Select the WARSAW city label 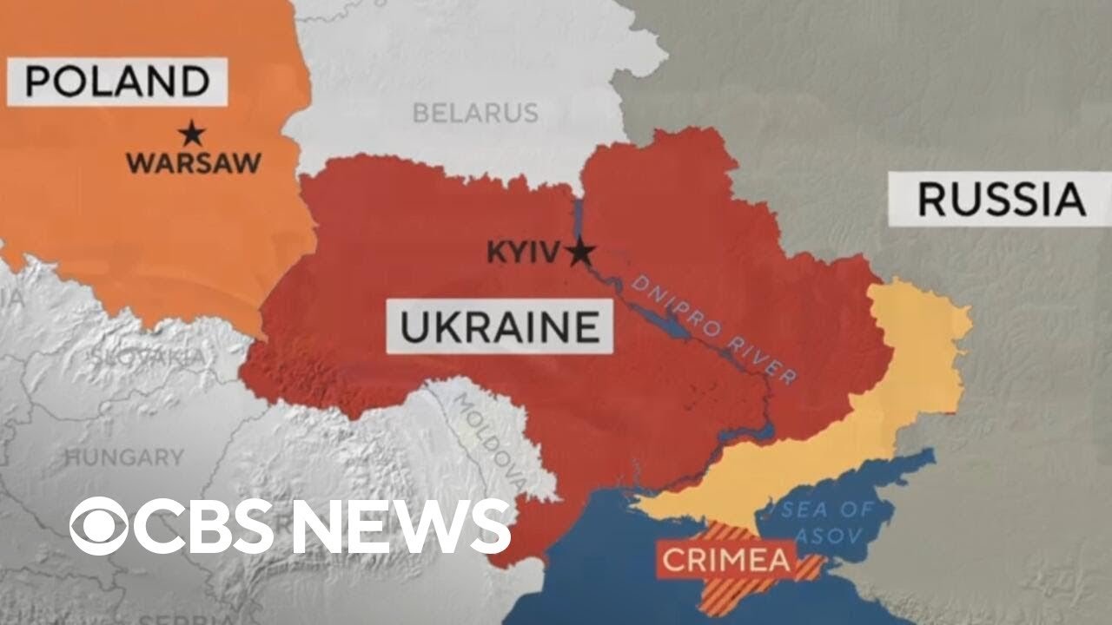[193, 162]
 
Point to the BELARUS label [475, 113]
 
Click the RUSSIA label [1001, 200]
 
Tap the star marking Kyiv [580, 253]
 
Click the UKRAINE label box [499, 328]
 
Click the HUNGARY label [125, 457]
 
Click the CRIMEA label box [727, 559]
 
